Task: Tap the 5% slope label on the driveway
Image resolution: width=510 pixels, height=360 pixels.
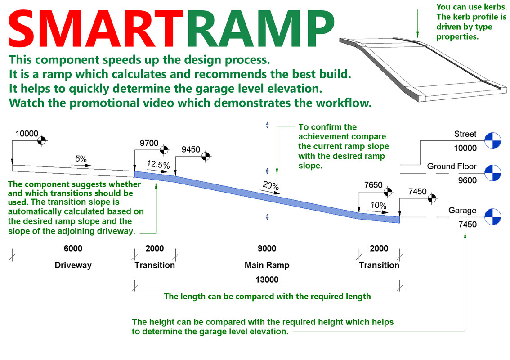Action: click(x=81, y=159)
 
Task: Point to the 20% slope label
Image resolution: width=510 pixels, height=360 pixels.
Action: click(x=272, y=186)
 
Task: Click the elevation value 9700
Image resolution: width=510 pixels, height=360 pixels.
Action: click(x=149, y=144)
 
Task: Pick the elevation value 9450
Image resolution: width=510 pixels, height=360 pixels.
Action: click(x=191, y=149)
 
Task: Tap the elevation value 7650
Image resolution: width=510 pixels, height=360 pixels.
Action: click(x=373, y=185)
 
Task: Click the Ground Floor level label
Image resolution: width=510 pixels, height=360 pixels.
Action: click(x=452, y=166)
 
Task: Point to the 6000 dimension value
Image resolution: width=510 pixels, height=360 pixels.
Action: click(x=73, y=249)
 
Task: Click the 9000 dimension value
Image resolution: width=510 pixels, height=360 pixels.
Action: click(x=267, y=249)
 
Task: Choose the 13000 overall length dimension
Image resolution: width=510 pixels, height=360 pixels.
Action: click(x=267, y=279)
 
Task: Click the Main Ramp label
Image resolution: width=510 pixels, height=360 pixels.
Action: click(x=267, y=265)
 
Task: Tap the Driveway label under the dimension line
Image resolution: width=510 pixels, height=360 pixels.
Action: click(x=73, y=265)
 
